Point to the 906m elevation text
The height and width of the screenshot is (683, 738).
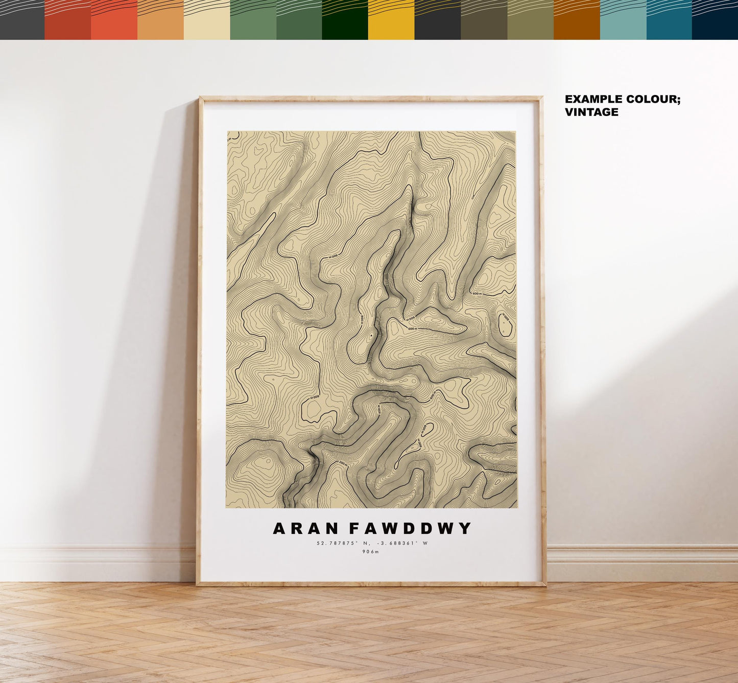pos(371,552)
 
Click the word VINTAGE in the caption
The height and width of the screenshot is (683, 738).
pos(591,112)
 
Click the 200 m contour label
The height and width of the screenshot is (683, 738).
pos(343,464)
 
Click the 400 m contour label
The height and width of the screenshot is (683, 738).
pos(379,410)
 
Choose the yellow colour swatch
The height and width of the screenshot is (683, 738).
pos(391,20)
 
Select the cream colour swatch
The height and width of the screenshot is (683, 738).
pos(206,20)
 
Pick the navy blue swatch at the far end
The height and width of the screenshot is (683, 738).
pos(715,20)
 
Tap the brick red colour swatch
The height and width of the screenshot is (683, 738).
pos(67,20)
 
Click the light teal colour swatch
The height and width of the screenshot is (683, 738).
pos(623,20)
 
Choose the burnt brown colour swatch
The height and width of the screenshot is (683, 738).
pos(577,20)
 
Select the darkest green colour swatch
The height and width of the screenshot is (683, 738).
pos(345,20)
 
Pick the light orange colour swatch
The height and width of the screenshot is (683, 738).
pos(160,20)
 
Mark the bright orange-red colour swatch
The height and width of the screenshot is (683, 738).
pos(114,20)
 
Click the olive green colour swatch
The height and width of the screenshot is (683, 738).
pos(530,20)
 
